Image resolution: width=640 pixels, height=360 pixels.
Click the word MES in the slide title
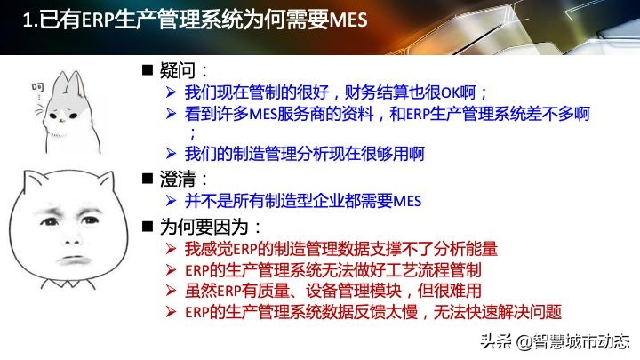(348, 20)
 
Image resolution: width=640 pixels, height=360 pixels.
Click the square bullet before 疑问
(147, 70)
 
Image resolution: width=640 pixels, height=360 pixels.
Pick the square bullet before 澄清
(147, 179)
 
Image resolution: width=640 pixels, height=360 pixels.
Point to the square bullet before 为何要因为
(147, 227)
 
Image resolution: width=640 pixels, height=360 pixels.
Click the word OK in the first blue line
(450, 92)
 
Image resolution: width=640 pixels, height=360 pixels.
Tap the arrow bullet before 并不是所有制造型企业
(171, 200)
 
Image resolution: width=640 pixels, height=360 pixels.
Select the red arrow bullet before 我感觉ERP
(171, 249)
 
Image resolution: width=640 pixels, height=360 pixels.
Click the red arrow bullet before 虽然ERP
(171, 291)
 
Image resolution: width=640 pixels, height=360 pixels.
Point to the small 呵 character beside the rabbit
(38, 87)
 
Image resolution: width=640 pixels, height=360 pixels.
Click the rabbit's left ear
(60, 84)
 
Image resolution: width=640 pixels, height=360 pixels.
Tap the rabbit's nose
(61, 119)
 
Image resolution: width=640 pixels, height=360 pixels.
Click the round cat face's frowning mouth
(74, 260)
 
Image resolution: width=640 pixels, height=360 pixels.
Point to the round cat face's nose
(73, 242)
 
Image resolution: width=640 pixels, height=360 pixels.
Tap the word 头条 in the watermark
(496, 341)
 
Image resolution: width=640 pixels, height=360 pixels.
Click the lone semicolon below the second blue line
(193, 132)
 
